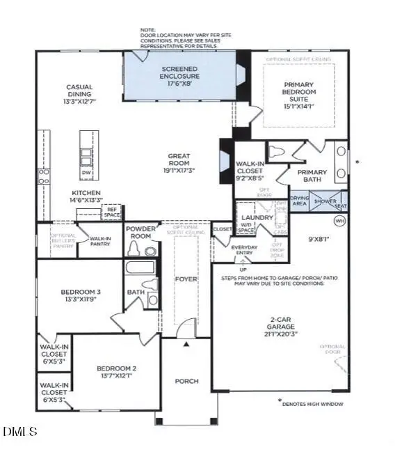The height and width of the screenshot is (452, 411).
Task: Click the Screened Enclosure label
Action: coord(181,72)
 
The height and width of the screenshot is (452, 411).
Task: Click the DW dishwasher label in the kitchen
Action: coord(86,172)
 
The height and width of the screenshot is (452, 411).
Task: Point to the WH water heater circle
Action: coord(340,221)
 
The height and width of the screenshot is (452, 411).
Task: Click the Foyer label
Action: coord(186,279)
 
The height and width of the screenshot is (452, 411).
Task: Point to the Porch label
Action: coord(186,381)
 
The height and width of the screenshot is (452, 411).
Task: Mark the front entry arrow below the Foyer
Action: coord(186,343)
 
